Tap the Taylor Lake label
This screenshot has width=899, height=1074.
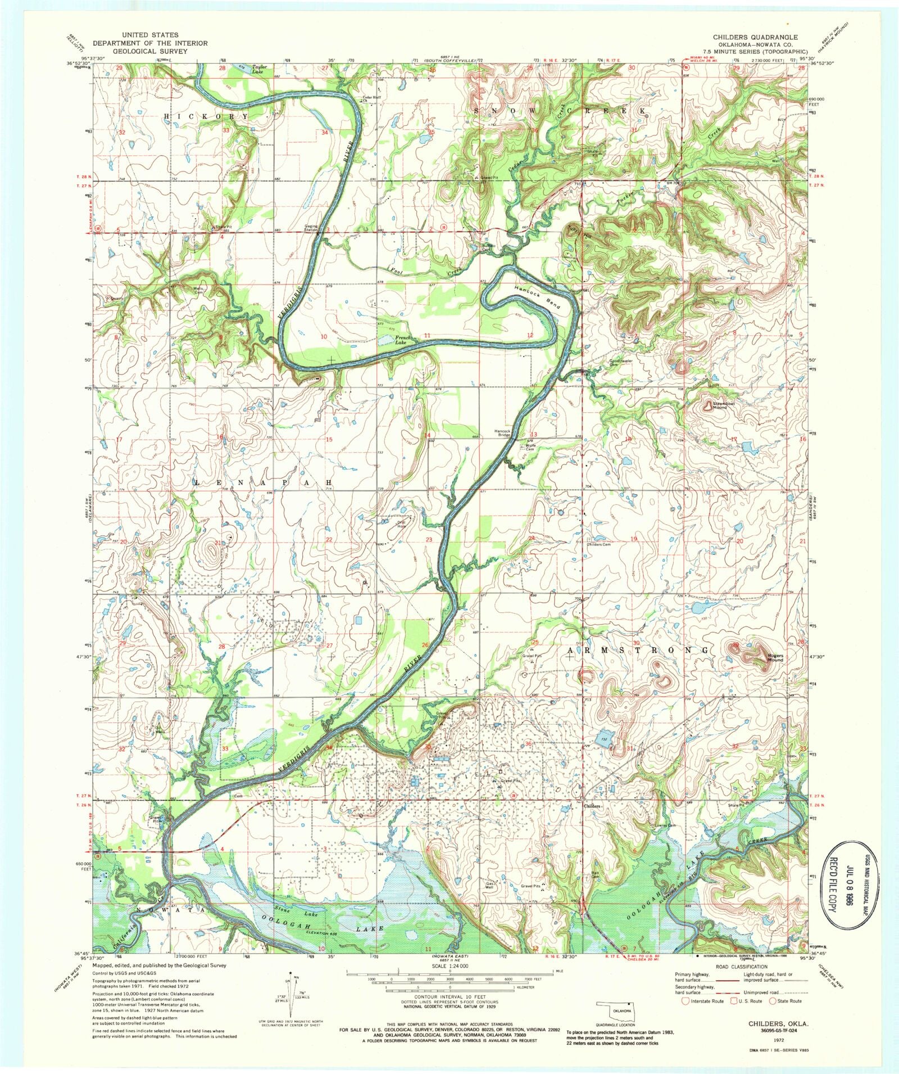(259, 69)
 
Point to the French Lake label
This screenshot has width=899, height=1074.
(403, 340)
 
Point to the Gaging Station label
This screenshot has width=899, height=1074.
(311, 228)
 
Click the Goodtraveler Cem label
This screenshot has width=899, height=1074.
(622, 363)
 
